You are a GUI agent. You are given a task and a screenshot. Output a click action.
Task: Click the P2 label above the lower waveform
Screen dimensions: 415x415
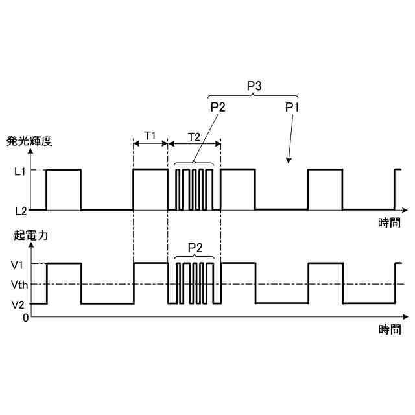coord(195,247)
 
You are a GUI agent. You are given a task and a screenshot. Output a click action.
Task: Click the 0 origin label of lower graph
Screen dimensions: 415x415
coord(25,318)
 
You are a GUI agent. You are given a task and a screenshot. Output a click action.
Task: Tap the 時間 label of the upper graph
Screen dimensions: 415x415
coord(389,223)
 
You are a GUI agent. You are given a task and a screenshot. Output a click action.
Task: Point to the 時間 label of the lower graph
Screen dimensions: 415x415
coord(389,329)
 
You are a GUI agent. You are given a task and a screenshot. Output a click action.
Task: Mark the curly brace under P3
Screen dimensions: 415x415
coord(254,96)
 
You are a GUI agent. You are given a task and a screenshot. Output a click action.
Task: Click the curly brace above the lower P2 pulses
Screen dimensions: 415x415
coord(195,257)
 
